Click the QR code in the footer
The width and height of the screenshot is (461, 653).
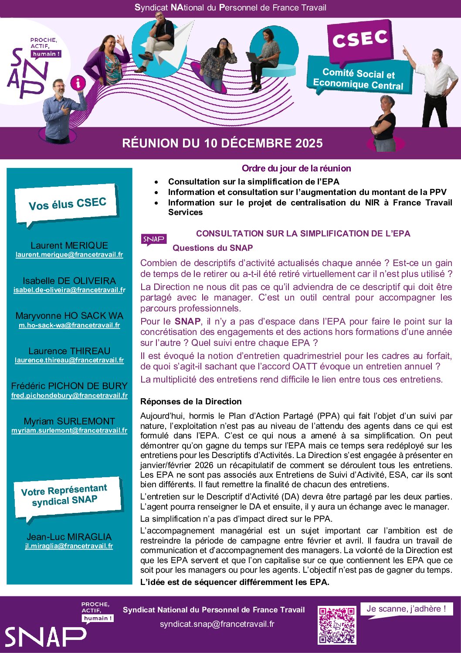pyautogui.click(x=336, y=625)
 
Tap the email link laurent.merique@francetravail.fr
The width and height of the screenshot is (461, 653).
pyautogui.click(x=69, y=255)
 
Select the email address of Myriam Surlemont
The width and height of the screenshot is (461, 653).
pyautogui.click(x=69, y=431)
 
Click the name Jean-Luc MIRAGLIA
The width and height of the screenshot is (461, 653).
pyautogui.click(x=69, y=537)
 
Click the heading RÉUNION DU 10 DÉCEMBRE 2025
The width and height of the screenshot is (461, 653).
pyautogui.click(x=222, y=143)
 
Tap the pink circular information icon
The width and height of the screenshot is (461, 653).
pyautogui.click(x=78, y=82)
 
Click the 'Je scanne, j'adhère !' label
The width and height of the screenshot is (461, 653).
pyautogui.click(x=406, y=609)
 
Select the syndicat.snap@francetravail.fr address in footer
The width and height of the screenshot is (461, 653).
pyautogui.click(x=217, y=624)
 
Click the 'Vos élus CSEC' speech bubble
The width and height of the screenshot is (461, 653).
pyautogui.click(x=67, y=204)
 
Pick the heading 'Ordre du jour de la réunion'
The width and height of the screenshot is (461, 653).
pyautogui.click(x=296, y=168)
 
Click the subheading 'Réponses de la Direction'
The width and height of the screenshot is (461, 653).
pyautogui.click(x=191, y=401)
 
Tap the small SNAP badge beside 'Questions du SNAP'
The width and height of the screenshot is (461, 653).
pyautogui.click(x=153, y=239)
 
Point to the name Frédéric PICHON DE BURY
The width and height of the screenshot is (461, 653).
pyautogui.click(x=69, y=386)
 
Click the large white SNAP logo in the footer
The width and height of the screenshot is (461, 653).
pyautogui.click(x=45, y=637)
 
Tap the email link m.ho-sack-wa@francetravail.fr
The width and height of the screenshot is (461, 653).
pyautogui.click(x=69, y=325)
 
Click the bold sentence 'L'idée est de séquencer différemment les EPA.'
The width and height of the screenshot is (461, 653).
pyautogui.click(x=235, y=582)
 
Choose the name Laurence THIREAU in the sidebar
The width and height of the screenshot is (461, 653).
pyautogui.click(x=69, y=351)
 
